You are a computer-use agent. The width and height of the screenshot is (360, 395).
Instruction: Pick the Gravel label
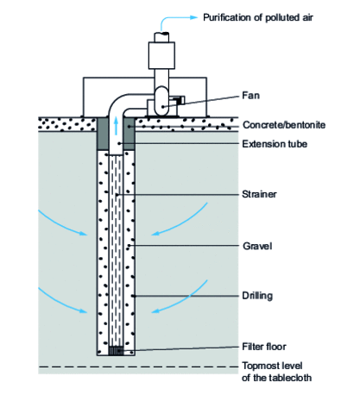tap(257, 246)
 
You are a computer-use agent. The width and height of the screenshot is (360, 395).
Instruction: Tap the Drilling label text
tap(258, 296)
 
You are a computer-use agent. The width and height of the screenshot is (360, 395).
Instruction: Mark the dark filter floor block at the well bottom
tap(115, 350)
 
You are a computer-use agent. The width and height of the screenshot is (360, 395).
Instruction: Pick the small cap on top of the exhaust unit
tap(160, 35)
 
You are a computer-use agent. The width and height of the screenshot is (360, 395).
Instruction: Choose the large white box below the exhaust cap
tap(160, 57)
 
